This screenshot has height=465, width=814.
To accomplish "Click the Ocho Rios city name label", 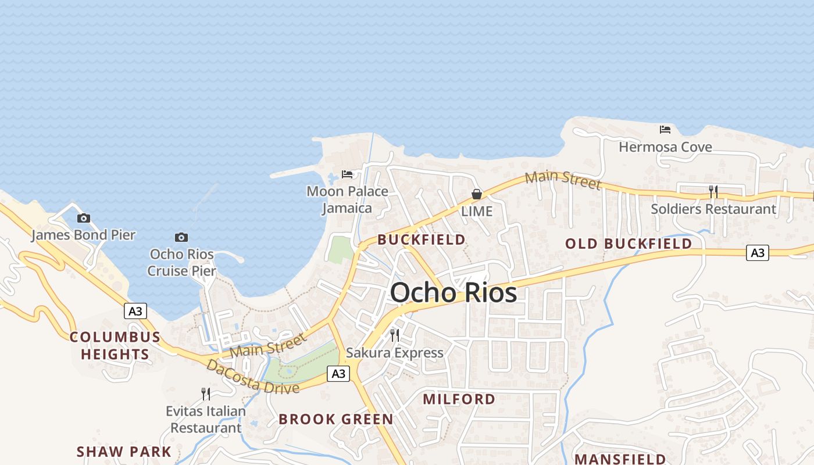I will [454, 292].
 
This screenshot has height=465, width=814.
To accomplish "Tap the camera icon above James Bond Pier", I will [84, 219].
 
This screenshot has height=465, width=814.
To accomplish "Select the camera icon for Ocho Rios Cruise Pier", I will [181, 237].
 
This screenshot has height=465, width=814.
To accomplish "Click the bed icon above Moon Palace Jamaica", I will [347, 174].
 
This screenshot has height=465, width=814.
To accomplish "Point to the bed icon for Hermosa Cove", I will [665, 130].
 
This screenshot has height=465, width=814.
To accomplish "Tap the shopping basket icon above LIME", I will [477, 194].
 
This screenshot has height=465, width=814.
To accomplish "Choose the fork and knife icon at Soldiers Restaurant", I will [713, 191].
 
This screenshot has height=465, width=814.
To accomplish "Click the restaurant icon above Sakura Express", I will [395, 335].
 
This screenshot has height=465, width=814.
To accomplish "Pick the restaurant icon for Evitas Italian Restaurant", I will [206, 394].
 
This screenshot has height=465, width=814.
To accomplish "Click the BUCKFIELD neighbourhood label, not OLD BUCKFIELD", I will [422, 239].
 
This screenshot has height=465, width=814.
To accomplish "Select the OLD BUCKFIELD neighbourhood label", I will [629, 244].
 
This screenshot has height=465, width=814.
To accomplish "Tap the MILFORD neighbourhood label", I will [459, 399].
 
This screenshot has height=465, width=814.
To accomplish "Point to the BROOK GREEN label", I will [335, 419].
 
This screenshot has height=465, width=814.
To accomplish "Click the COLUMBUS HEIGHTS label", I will [115, 345].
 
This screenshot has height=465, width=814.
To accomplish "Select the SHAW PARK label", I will [124, 452].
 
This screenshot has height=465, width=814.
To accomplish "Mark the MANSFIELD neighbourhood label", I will [620, 459].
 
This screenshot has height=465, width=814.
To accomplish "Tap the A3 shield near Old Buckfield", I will [757, 253].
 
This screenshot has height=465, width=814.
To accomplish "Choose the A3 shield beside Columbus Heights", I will [135, 312].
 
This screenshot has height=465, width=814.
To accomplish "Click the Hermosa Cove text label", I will [665, 147].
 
